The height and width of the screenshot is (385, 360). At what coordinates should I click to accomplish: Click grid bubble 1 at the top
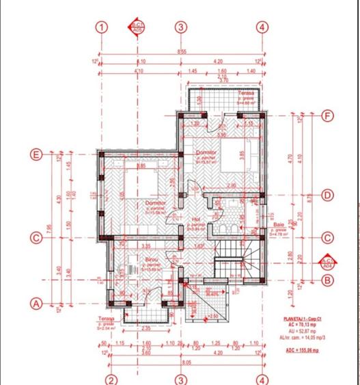click(102, 27)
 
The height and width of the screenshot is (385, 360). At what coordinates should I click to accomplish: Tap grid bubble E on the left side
click(37, 155)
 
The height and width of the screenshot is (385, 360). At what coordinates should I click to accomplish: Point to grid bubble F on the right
click(328, 116)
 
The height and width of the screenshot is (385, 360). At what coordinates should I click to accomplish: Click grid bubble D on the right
click(328, 196)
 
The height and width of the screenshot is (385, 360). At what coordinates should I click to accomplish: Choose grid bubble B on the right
click(328, 280)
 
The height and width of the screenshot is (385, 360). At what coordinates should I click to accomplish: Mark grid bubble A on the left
click(37, 302)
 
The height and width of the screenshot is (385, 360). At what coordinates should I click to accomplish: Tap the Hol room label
click(176, 220)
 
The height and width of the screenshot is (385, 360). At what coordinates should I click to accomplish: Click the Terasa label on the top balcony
click(246, 93)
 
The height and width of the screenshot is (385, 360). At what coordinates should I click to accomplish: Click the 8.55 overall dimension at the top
click(182, 52)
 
